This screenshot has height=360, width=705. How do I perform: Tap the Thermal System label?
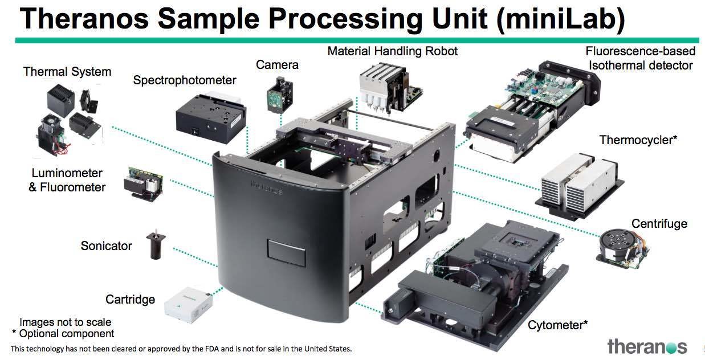pyautogui.click(x=67, y=72)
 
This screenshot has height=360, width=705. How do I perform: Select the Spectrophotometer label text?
pyautogui.click(x=184, y=80)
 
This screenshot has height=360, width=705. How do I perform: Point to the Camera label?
pyautogui.click(x=277, y=65)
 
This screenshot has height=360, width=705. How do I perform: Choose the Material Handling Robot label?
pyautogui.click(x=392, y=51)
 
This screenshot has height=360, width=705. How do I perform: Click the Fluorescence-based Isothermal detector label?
pyautogui.click(x=640, y=58)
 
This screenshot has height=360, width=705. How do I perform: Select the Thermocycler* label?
pyautogui.click(x=638, y=140)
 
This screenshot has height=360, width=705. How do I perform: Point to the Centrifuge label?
pyautogui.click(x=659, y=223)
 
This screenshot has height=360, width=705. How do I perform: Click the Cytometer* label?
pyautogui.click(x=557, y=325)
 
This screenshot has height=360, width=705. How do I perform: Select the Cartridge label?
pyautogui.click(x=130, y=300)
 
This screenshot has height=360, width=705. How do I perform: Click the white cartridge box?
pyautogui.click(x=187, y=306)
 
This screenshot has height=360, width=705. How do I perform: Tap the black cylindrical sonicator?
pyautogui.click(x=154, y=247)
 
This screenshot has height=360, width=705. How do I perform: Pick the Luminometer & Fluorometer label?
pyautogui.click(x=67, y=180)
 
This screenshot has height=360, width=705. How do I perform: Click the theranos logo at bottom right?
pyautogui.click(x=647, y=346)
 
